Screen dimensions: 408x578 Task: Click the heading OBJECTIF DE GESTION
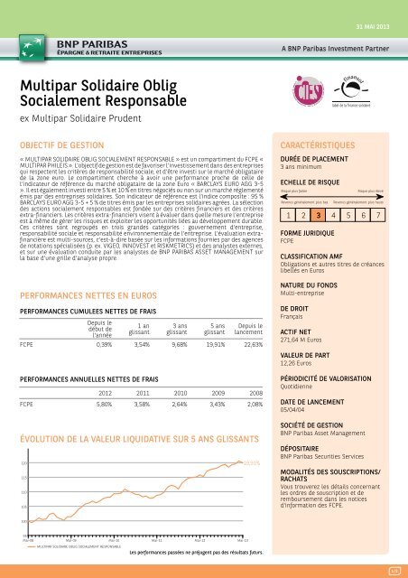tap(61, 143)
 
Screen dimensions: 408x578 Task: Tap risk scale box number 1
tap(286, 217)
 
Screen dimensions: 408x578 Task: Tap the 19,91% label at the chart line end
tap(253, 462)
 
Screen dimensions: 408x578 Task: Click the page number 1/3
tap(393, 570)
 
